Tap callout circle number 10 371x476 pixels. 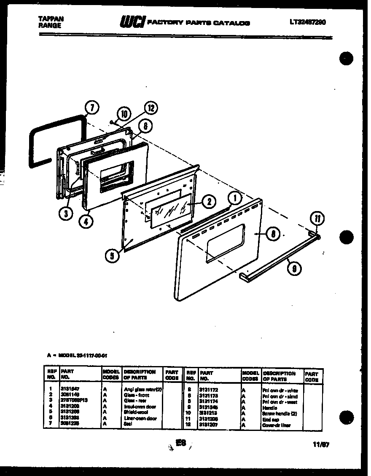coord(124,113)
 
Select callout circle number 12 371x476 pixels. coord(151,109)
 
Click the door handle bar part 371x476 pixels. coord(278,259)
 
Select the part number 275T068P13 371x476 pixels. coord(74,400)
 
